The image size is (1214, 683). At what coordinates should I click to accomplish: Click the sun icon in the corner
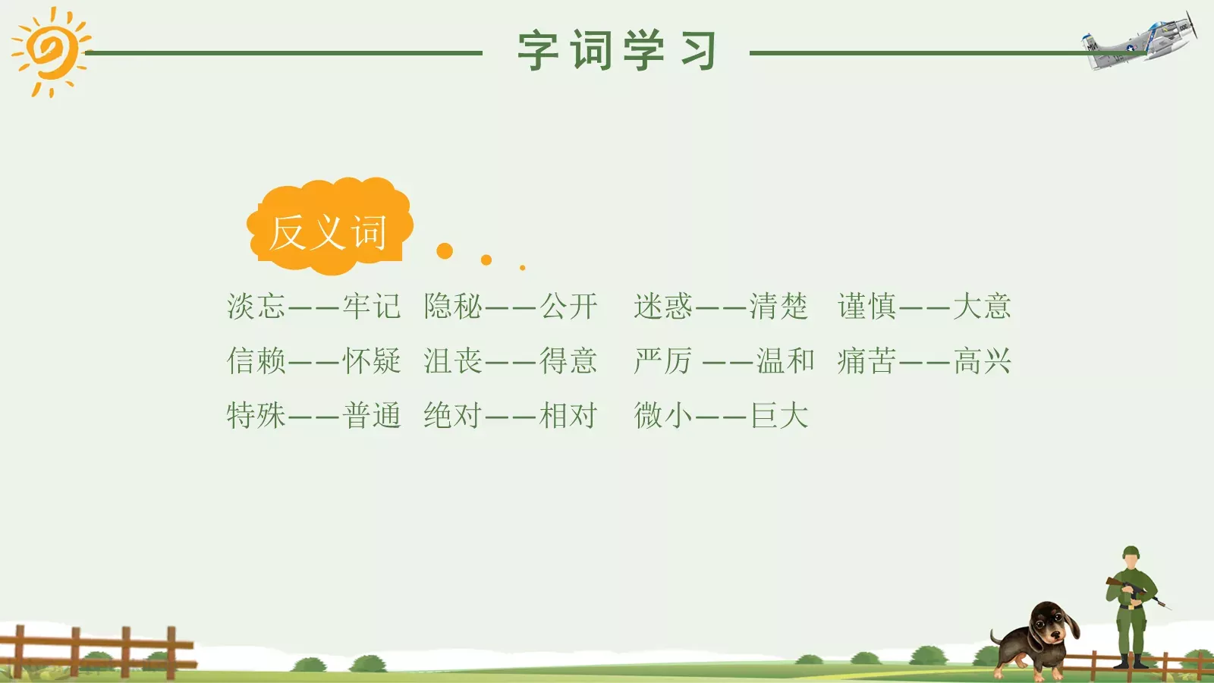point(50,52)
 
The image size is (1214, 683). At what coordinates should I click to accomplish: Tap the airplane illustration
point(1142,42)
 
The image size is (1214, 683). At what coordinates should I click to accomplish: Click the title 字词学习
point(617,51)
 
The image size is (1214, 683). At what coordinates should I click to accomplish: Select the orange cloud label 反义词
point(329,230)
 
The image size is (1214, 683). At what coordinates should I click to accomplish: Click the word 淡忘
point(256,307)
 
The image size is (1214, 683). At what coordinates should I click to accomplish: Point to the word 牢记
point(371,307)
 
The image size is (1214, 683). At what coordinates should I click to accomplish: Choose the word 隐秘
point(453,307)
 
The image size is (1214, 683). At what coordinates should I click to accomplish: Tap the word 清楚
point(778,307)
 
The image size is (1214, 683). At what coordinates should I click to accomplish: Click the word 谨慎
point(866,307)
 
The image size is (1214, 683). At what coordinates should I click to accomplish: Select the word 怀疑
point(371,361)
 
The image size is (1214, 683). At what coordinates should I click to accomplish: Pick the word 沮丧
point(453,361)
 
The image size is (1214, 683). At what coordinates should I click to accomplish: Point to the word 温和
point(785,361)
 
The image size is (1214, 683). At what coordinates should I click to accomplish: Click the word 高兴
point(983,361)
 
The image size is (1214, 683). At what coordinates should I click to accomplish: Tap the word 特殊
point(256,416)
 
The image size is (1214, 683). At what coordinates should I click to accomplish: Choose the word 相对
point(568,416)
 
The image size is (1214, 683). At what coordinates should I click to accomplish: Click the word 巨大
point(779,416)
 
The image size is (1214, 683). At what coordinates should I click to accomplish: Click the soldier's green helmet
point(1131,552)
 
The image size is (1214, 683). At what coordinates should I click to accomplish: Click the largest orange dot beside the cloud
point(445,251)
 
